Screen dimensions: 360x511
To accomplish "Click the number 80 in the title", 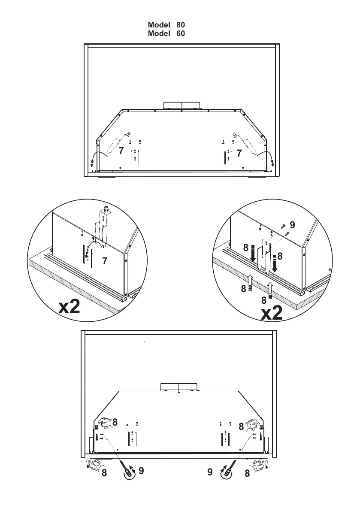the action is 180,25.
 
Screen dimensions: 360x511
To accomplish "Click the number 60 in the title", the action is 180,33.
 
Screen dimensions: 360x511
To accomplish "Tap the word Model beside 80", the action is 160,25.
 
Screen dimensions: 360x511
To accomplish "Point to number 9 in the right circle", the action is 292,224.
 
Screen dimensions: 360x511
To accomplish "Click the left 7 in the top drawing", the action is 121,151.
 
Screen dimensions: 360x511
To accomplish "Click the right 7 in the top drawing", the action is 239,153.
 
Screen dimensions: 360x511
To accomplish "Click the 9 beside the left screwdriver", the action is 141,471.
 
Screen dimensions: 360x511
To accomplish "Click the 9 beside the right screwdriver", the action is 210,472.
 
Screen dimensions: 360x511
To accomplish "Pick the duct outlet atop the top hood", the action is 182,106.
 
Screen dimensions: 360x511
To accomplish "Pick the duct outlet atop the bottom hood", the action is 179,387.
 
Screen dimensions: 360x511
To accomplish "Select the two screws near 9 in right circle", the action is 284,230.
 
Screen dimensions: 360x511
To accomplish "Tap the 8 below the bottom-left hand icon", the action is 104,474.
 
